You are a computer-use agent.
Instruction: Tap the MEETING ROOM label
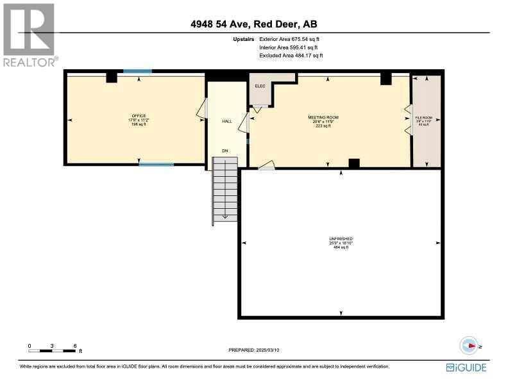[323, 118]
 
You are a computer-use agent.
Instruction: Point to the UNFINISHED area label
[341, 238]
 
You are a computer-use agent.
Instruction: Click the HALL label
[226, 120]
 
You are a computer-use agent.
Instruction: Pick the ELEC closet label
[260, 86]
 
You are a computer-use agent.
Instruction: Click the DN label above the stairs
[224, 151]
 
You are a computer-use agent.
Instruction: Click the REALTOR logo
[29, 35]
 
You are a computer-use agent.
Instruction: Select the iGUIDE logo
[466, 368]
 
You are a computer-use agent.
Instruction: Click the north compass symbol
[470, 345]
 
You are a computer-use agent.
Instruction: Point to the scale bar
[52, 350]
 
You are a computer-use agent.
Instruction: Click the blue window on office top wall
[137, 72]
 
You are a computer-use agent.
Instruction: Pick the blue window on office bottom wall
[156, 165]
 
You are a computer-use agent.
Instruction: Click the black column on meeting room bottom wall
[354, 163]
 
